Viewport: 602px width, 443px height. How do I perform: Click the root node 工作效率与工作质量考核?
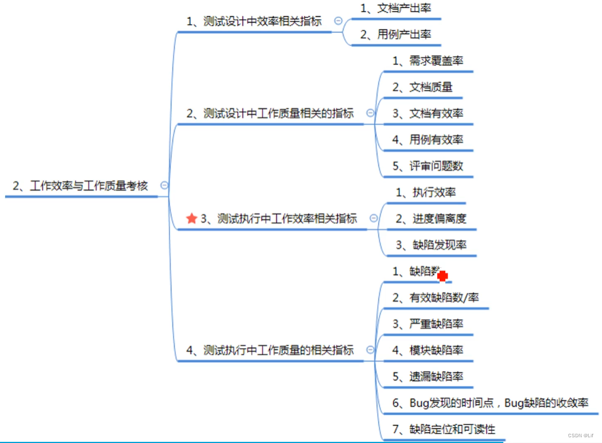pyautogui.click(x=80, y=186)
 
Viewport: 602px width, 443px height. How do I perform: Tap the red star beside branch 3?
pyautogui.click(x=192, y=218)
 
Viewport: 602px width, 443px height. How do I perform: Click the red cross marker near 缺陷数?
pyautogui.click(x=442, y=276)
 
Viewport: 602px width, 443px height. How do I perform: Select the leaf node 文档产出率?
pyautogui.click(x=395, y=8)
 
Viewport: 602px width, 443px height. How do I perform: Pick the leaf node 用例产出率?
pyautogui.click(x=395, y=34)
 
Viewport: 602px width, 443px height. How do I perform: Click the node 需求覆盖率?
pyautogui.click(x=428, y=61)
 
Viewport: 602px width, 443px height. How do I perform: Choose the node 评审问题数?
pyautogui.click(x=428, y=166)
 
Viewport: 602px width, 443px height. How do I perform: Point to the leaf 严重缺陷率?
pyautogui.click(x=428, y=324)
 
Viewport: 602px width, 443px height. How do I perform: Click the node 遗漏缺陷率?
pyautogui.click(x=428, y=377)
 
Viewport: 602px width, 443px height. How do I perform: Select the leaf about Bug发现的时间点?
pyautogui.click(x=490, y=403)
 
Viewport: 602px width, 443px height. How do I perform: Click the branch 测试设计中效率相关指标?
pyautogui.click(x=254, y=21)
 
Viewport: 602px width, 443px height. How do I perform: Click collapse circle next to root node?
pyautogui.click(x=164, y=185)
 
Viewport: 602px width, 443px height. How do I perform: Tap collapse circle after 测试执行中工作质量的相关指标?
pyautogui.click(x=370, y=350)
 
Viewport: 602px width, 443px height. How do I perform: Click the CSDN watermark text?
pyautogui.click(x=580, y=436)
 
